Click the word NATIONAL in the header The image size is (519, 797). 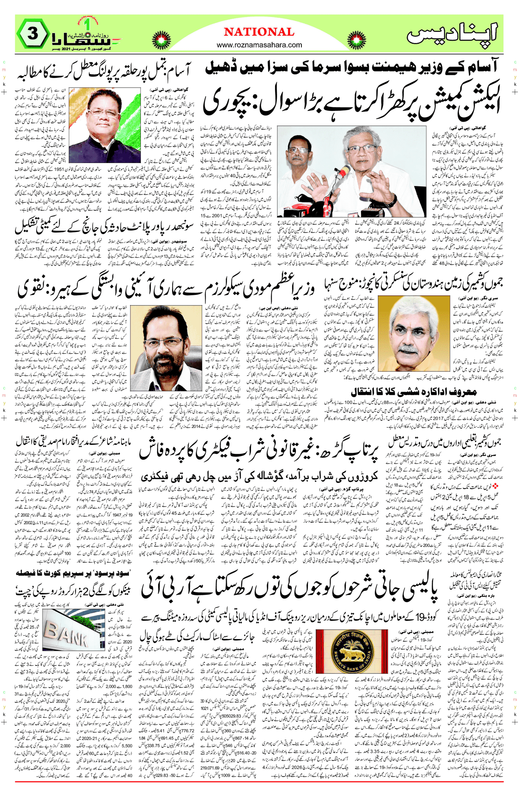[x=259, y=32]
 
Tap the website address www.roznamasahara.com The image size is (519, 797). [x=259, y=45]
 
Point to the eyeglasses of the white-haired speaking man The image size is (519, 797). [x=360, y=150]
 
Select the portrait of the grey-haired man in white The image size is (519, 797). [x=413, y=334]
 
